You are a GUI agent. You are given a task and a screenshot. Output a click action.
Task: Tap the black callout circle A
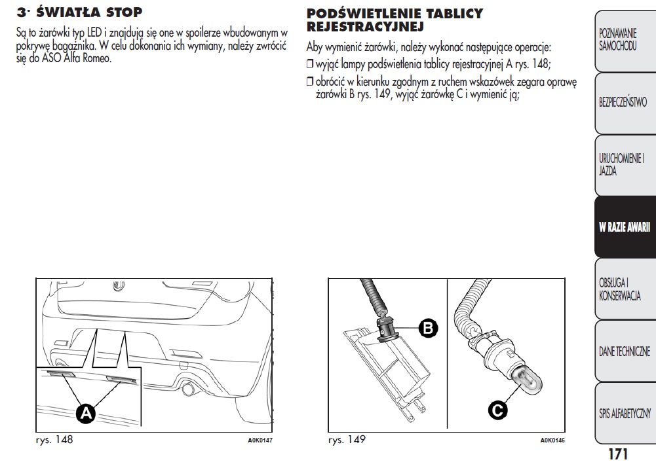pos(85,413)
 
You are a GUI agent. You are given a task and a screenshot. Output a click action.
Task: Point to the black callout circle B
pos(427,328)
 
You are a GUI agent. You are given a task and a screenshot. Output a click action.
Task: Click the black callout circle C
pos(497,410)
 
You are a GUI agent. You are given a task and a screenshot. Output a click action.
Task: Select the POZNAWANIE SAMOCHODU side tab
pos(618,40)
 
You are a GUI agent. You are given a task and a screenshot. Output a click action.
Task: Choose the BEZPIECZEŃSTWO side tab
pos(623,103)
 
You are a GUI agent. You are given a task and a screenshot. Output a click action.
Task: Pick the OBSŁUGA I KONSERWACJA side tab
pos(619,289)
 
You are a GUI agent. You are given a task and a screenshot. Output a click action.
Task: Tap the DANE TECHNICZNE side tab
pos(624,351)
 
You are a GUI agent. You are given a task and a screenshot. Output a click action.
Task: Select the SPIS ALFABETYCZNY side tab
pos(625,413)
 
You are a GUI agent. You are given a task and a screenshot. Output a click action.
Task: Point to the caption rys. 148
pos(54,440)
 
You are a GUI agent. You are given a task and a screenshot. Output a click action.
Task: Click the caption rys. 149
pos(347,440)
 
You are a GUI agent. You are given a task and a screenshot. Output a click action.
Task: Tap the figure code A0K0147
pos(260,440)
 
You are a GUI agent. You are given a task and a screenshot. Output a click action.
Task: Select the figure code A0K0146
pos(552,440)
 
